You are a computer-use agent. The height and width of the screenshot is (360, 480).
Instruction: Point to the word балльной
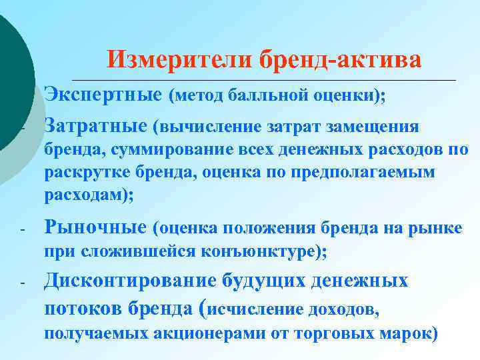tap(261, 96)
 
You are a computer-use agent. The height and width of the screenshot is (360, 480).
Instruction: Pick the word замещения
tap(380, 127)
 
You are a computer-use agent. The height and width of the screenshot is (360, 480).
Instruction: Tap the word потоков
tap(84, 307)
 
